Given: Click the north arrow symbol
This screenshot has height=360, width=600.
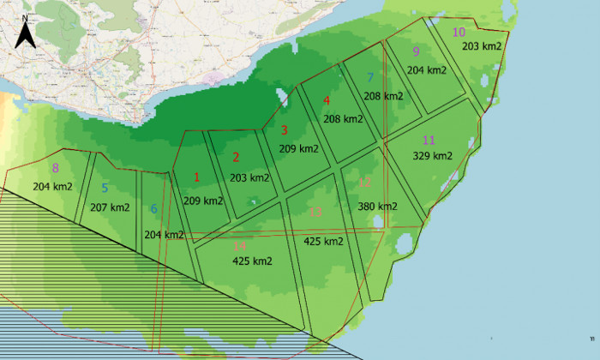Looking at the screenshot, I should click(27, 32).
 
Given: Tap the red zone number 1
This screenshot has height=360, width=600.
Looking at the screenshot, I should click(197, 177).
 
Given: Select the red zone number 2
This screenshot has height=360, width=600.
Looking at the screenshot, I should click(236, 157).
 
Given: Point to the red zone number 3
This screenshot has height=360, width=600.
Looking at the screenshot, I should click(285, 130).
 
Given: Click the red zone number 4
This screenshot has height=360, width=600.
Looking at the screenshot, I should click(326, 100).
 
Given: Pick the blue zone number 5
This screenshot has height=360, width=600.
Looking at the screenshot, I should click(105, 188).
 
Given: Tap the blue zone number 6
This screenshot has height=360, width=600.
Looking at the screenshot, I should click(154, 208).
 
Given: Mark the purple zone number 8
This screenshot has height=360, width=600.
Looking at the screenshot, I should click(56, 168).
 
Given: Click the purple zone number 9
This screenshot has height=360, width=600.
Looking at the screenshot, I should click(416, 51).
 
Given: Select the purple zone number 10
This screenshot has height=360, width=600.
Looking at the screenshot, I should click(459, 33).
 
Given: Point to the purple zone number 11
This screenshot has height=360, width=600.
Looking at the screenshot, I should click(429, 140).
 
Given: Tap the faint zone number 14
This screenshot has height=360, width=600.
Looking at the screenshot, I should click(239, 246).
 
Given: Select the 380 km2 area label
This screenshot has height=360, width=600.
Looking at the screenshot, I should click(377, 207).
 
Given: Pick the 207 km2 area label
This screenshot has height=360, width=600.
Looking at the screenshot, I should click(110, 207).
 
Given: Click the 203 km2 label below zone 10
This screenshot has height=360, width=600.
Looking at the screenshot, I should click(482, 46).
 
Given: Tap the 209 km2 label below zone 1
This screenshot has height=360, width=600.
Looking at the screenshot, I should click(203, 201).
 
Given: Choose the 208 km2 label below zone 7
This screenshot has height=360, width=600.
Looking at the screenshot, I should click(382, 96).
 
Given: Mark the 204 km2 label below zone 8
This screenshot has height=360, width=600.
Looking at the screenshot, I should click(52, 186).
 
